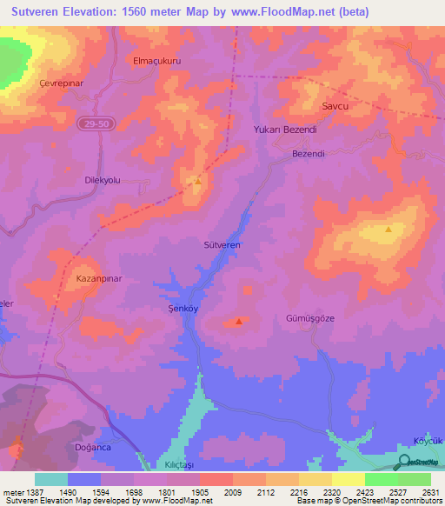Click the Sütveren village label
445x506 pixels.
click(221, 246)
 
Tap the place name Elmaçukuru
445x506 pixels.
click(156, 61)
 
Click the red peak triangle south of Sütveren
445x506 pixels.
click(239, 321)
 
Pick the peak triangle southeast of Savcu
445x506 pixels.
click(389, 230)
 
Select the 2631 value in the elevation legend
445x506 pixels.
click(428, 492)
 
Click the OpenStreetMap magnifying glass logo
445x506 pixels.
click(405, 462)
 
